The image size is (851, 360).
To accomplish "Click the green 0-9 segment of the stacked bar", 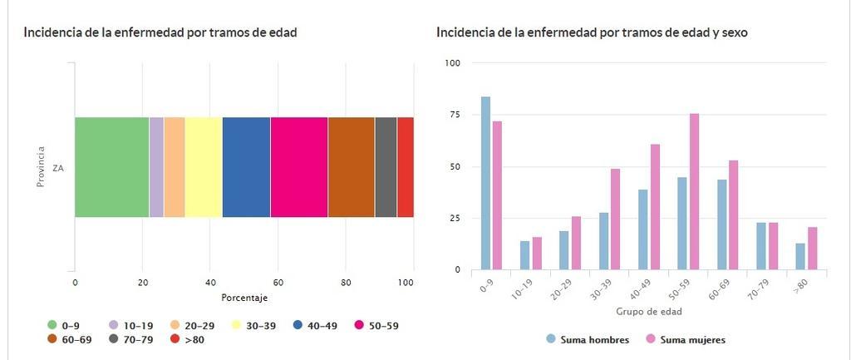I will (111, 167).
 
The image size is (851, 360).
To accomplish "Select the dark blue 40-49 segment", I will (246, 167).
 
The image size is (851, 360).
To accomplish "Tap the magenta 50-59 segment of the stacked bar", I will (299, 167).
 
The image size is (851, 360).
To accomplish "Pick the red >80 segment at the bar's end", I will (406, 167).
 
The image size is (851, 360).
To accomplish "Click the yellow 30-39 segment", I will (204, 167).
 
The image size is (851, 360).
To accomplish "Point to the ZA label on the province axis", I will (58, 168).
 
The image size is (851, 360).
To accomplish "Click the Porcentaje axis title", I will (244, 298).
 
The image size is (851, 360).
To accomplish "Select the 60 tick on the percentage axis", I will (278, 283).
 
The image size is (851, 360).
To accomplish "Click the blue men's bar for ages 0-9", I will (485, 183).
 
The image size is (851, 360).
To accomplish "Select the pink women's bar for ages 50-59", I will (694, 191).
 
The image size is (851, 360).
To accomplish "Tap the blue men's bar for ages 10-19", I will (524, 255).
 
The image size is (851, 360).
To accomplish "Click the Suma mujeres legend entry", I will (686, 339).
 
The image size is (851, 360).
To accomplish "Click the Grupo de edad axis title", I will (650, 312).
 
